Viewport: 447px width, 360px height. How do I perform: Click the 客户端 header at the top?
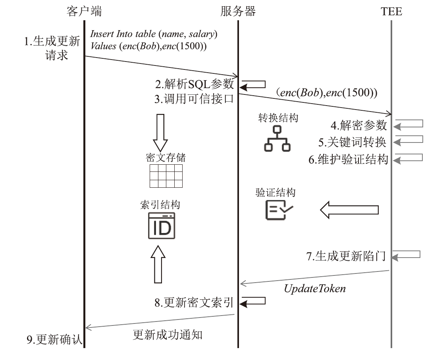click(84, 11)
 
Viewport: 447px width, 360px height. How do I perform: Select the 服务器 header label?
click(238, 11)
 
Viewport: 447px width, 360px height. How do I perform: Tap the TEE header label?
click(391, 12)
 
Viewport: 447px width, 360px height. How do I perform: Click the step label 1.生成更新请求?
click(52, 47)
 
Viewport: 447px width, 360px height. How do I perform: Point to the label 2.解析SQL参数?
click(195, 85)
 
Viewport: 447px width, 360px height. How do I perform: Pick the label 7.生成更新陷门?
click(346, 256)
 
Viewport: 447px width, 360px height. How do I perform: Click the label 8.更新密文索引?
click(194, 303)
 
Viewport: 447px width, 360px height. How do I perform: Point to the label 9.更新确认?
click(54, 340)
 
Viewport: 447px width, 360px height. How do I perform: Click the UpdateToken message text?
click(315, 289)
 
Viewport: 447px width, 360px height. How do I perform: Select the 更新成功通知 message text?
click(167, 335)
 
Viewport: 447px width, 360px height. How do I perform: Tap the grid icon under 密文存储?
click(166, 175)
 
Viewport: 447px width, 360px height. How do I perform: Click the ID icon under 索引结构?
click(161, 226)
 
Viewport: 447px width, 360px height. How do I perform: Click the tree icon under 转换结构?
click(277, 139)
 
